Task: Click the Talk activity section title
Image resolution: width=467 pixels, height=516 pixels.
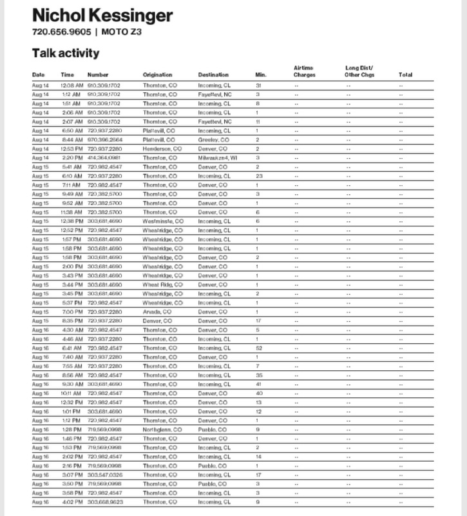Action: tap(66, 53)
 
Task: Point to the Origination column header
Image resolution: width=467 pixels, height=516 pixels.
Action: tap(158, 75)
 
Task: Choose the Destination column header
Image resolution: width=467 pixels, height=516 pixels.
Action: tap(213, 75)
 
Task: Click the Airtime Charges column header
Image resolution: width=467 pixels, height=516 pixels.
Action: tap(304, 71)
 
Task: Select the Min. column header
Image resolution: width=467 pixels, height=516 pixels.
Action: tap(260, 75)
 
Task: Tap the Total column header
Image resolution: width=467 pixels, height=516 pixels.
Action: tap(405, 75)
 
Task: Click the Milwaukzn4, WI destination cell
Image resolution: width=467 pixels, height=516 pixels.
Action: tap(217, 157)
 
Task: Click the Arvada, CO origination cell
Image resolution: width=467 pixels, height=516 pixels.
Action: tap(157, 312)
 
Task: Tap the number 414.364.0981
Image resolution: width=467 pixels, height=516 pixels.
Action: tap(104, 157)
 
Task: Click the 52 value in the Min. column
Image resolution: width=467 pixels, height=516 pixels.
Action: tap(258, 348)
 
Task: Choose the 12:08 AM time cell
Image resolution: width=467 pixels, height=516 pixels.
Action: tap(71, 84)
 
